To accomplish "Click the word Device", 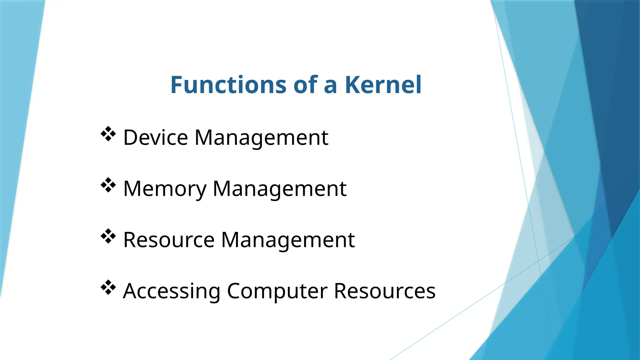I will [x=156, y=137].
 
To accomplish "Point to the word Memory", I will [x=165, y=189].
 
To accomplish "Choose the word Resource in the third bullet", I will [x=169, y=240].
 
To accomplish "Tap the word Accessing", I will [x=172, y=291].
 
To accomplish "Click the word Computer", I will [x=277, y=291].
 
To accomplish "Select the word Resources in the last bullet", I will [x=385, y=291].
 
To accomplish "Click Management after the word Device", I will [x=261, y=138].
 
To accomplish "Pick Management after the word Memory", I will [x=279, y=189].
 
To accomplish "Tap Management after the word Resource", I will [x=288, y=240].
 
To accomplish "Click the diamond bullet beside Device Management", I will [x=108, y=134].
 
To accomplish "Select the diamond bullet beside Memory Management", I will [x=108, y=185].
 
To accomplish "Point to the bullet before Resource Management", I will [x=108, y=236].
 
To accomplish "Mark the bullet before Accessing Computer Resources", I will [x=108, y=287].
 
